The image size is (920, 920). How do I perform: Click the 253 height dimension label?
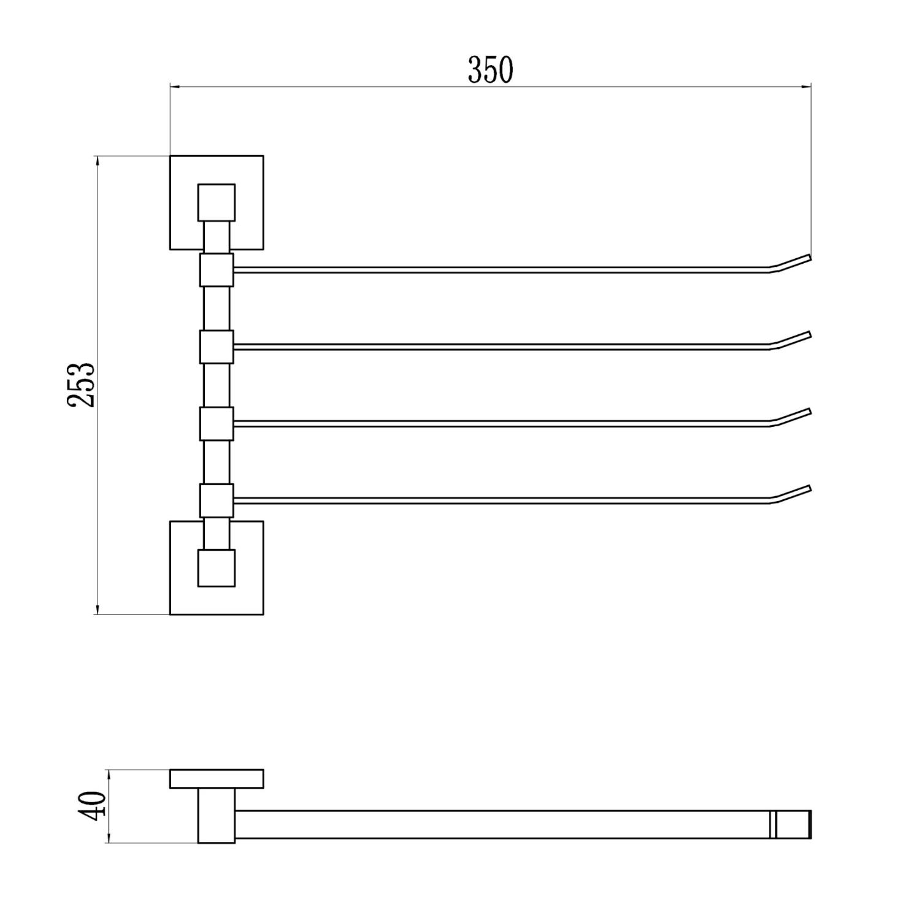82,385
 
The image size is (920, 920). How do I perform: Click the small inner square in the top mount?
217,202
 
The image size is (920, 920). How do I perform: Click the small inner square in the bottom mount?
217,568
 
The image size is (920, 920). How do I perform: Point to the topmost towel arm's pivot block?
217,270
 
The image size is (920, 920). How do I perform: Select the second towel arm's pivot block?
217,347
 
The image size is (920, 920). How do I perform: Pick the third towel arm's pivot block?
217,424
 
